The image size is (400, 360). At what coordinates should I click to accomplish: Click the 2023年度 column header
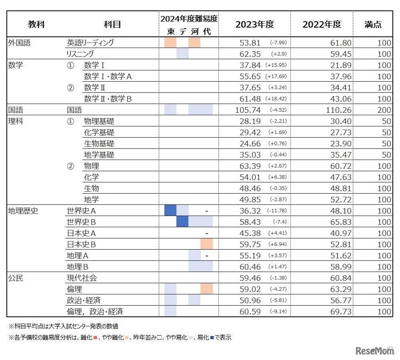click(254, 24)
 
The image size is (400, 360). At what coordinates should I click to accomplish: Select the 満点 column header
click(373, 24)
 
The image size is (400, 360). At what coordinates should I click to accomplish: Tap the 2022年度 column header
click(322, 24)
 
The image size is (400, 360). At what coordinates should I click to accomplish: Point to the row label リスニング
click(80, 54)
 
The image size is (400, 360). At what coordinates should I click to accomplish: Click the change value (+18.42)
click(278, 99)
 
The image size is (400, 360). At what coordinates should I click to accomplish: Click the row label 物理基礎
click(99, 121)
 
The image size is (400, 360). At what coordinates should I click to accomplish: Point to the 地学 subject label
click(92, 200)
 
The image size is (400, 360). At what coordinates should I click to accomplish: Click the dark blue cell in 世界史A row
click(170, 210)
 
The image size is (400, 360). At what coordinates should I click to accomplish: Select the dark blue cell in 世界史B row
click(182, 222)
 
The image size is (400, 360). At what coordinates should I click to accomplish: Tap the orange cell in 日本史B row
click(206, 244)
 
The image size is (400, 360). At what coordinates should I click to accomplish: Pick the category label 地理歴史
click(23, 210)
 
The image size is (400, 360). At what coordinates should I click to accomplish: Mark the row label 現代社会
click(82, 278)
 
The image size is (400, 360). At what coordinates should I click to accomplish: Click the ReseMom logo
click(375, 351)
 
